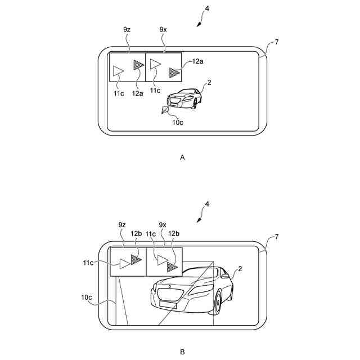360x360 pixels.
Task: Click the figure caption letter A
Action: click(182, 158)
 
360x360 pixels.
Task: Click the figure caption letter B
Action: click(182, 352)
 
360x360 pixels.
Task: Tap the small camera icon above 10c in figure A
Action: click(165, 110)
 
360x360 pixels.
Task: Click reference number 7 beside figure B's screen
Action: click(276, 238)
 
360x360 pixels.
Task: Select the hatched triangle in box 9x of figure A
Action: click(174, 72)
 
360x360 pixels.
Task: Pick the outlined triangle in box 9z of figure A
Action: click(118, 71)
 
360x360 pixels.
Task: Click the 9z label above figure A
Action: click(127, 28)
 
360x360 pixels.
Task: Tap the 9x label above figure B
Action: click(163, 224)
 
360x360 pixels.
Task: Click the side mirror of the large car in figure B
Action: click(225, 275)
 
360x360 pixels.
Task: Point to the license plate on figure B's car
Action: click(167, 304)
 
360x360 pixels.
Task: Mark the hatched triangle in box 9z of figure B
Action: click(135, 260)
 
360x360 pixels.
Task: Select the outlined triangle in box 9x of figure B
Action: click(162, 259)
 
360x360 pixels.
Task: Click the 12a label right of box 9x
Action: click(199, 61)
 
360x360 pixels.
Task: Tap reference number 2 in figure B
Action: click(240, 269)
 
